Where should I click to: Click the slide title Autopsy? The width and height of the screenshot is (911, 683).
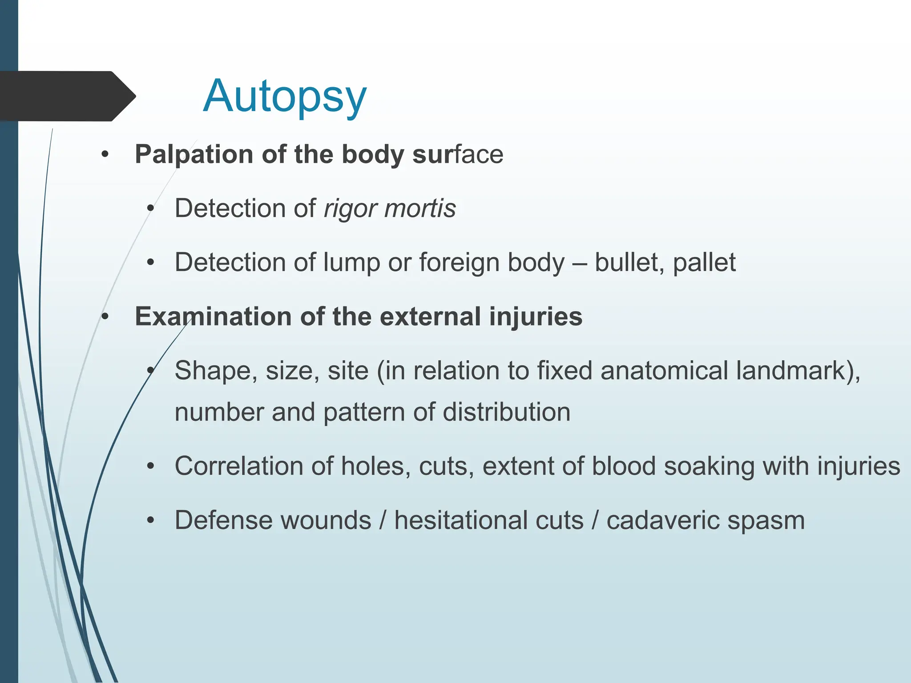(x=285, y=96)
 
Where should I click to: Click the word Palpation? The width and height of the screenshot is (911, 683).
(x=194, y=155)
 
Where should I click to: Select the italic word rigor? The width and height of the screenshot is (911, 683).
(x=350, y=209)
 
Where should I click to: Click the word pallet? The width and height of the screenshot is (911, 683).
(x=704, y=262)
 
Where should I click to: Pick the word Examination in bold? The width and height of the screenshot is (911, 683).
(x=213, y=317)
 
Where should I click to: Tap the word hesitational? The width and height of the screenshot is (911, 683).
(x=488, y=520)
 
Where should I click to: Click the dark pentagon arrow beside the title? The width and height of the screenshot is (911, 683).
(x=67, y=96)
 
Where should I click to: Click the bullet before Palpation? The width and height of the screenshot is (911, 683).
(x=105, y=155)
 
